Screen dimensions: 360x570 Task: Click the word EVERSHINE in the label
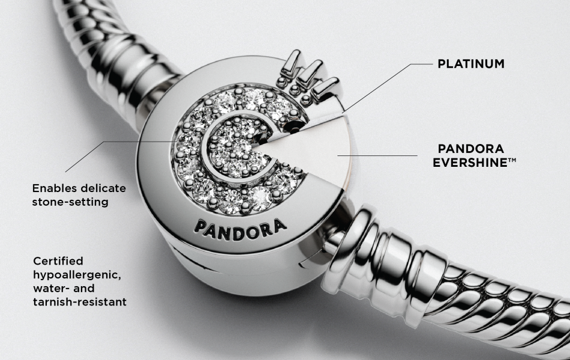(x=466, y=162)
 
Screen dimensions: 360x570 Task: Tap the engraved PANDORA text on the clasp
(x=239, y=226)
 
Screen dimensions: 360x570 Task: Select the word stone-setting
(x=70, y=202)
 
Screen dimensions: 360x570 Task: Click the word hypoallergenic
(x=78, y=275)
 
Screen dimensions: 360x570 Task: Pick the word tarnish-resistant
(x=80, y=302)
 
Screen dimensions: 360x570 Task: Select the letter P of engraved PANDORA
(x=199, y=224)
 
